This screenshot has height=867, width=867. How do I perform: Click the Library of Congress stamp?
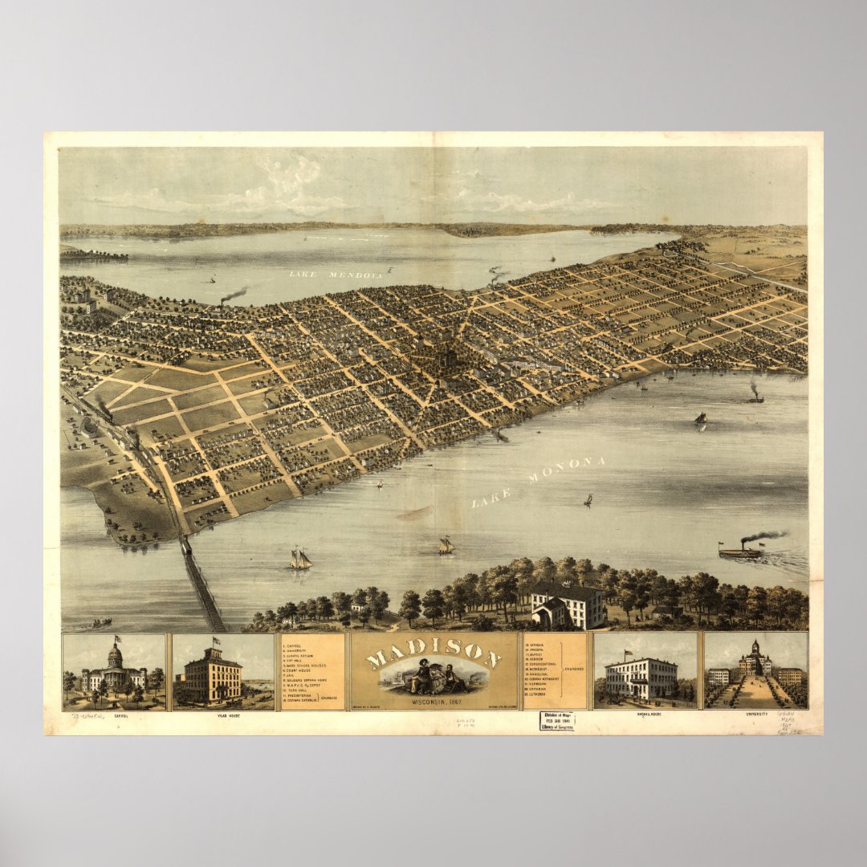tap(556, 720)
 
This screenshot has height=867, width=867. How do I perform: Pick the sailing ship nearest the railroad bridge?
tap(300, 559)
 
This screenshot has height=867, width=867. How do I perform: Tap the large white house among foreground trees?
tap(567, 607)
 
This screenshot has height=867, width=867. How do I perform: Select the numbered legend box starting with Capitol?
tap(312, 671)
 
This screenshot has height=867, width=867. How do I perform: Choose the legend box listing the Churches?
tap(554, 671)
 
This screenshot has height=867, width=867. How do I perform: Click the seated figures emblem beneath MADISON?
tap(433, 677)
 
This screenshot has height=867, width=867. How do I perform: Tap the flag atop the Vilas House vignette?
tap(215, 641)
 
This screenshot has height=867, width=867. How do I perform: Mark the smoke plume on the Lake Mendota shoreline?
tap(234, 296)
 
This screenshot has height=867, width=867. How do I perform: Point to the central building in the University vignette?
tap(755, 661)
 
